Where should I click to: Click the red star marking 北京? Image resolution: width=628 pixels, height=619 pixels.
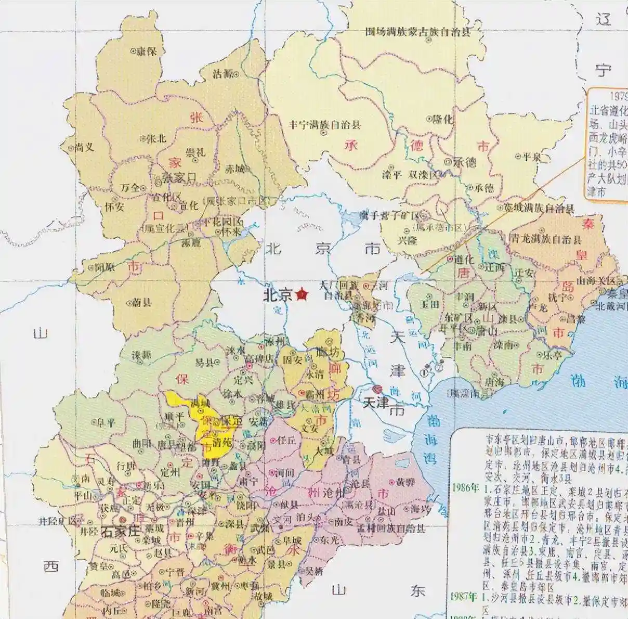(x=302, y=295)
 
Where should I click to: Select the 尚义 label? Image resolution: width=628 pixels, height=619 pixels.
(x=84, y=147)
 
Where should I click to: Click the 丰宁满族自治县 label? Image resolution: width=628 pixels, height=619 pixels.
(x=325, y=125)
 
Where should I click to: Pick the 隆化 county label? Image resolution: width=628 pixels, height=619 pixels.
(x=443, y=119)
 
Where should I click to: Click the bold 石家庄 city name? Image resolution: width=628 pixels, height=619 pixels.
(x=121, y=532)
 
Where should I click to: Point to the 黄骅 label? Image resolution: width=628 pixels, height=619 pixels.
(x=405, y=482)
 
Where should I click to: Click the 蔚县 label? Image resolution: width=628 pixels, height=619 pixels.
(x=141, y=302)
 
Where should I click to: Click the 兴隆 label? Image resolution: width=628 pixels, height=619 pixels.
(x=409, y=240)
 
